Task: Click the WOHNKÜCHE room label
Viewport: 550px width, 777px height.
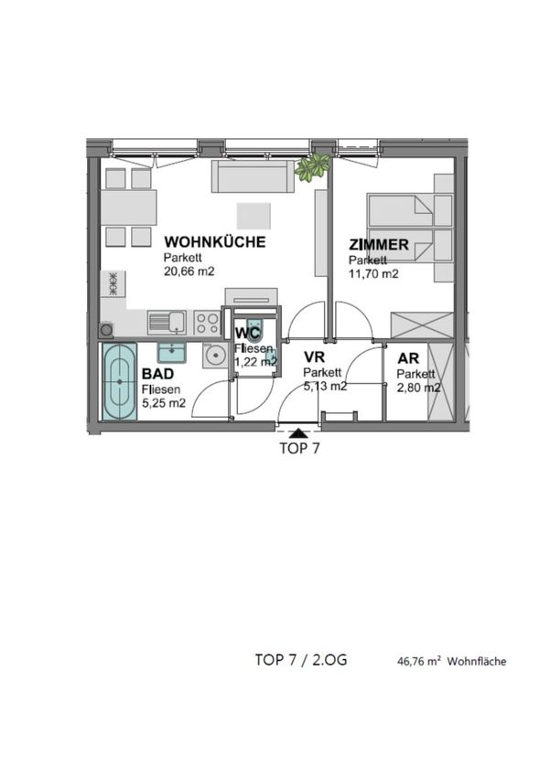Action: tap(215, 242)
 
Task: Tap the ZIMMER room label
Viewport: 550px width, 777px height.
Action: tap(379, 244)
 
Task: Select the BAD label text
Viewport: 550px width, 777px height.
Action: tap(157, 373)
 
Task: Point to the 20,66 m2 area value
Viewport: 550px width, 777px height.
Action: tap(189, 271)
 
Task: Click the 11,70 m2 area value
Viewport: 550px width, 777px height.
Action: tap(373, 273)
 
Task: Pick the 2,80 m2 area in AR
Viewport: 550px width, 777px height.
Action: tap(418, 388)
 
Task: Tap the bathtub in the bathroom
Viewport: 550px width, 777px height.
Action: tap(120, 381)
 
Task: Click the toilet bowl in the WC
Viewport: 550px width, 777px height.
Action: tap(255, 331)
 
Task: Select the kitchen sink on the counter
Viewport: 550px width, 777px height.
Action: tap(167, 323)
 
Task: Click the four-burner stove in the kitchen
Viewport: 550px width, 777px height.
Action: tap(207, 323)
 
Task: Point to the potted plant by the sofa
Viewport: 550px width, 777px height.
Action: tap(311, 166)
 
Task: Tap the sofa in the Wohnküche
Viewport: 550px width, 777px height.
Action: tap(253, 176)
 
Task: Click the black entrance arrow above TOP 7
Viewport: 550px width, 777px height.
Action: tap(298, 432)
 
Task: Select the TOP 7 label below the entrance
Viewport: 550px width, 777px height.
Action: tap(299, 449)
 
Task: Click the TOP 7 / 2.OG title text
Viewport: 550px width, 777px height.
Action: tap(301, 660)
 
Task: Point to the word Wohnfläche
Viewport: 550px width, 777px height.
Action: tap(477, 662)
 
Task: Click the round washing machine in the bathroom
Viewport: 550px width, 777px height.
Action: tap(214, 356)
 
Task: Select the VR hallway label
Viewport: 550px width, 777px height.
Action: tap(314, 357)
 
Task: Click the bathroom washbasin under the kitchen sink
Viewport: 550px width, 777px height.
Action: tap(172, 352)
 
